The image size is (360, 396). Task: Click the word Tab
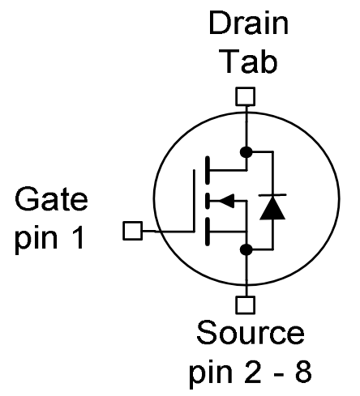(244, 61)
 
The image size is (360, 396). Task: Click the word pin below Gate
(42, 242)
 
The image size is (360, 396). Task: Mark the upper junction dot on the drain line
(244, 151)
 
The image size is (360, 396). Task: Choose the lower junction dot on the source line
(244, 249)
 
